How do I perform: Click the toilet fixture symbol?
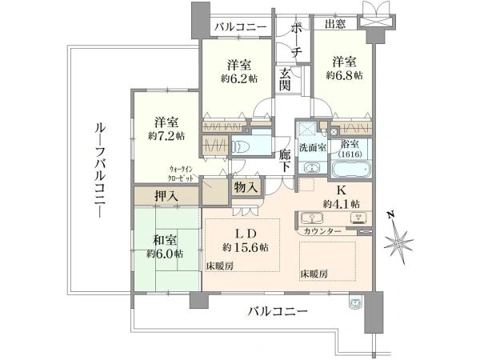[241, 147]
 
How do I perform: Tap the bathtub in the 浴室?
[351, 170]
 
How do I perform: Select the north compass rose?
[399, 241]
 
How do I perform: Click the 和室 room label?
[166, 241]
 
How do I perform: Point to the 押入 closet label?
[166, 196]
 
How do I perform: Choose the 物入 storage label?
[246, 187]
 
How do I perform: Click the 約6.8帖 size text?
[344, 76]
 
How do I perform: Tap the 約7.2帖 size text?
[166, 136]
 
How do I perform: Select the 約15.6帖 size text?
[246, 247]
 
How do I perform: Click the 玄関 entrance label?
[285, 80]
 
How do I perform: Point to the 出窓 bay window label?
[335, 23]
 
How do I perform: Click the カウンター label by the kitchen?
[322, 231]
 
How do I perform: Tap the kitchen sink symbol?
[312, 218]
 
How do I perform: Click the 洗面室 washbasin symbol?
[311, 168]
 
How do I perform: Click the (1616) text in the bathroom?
[350, 154]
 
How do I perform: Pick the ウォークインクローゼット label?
[182, 174]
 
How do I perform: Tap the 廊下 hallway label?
[285, 161]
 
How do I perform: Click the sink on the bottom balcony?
[355, 302]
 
